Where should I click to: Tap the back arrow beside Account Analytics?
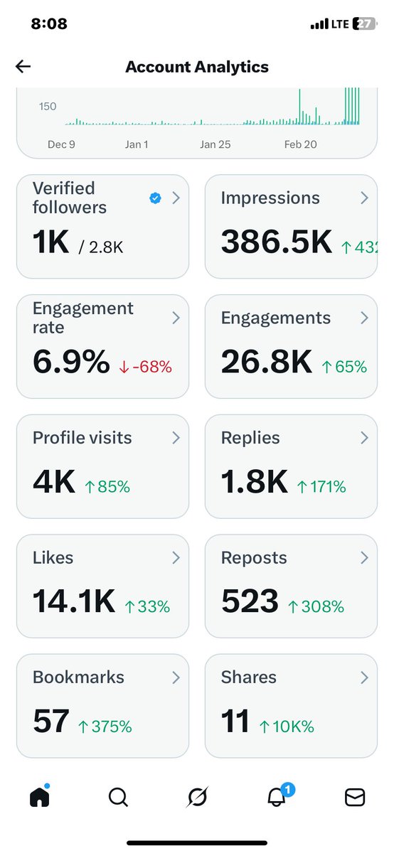[x=23, y=67]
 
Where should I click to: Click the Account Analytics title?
[x=197, y=67]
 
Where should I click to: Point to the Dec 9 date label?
[x=61, y=144]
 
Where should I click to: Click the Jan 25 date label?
[x=215, y=144]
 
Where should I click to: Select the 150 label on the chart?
[x=47, y=107]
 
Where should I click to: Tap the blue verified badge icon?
[x=155, y=198]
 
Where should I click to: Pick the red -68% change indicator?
[x=145, y=368]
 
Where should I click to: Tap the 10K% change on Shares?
[x=288, y=726]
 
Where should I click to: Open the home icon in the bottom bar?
[x=40, y=798]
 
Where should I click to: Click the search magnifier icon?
[x=118, y=798]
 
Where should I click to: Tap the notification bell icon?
[x=276, y=798]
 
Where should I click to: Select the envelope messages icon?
[x=354, y=798]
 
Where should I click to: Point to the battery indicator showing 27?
[x=364, y=24]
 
